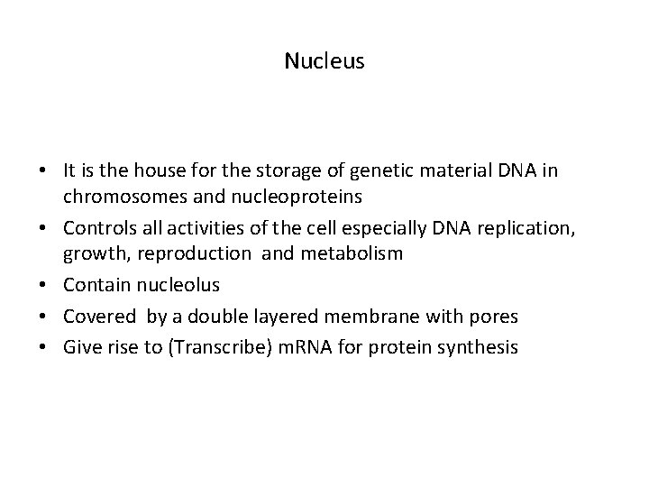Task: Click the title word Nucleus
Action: (324, 61)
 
